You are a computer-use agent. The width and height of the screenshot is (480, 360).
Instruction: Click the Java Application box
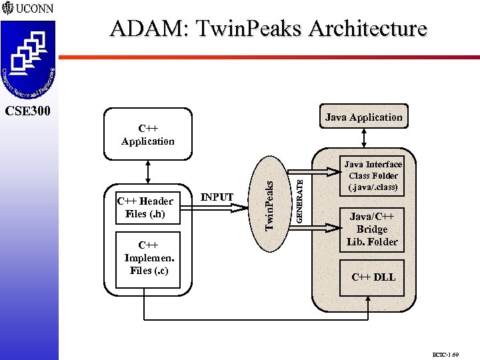click(x=363, y=117)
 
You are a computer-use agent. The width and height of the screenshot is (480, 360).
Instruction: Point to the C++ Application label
click(x=147, y=135)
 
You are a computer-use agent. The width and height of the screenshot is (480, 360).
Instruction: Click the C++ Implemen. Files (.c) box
click(x=147, y=259)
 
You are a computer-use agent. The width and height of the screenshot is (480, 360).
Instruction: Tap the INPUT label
click(x=217, y=197)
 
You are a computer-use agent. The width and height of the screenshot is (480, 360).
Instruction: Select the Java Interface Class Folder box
click(x=373, y=176)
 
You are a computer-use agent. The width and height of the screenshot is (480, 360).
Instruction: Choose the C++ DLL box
click(x=373, y=277)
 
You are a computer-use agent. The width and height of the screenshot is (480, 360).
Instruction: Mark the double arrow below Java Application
click(x=363, y=137)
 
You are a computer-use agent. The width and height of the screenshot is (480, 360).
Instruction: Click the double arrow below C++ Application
click(x=147, y=171)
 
